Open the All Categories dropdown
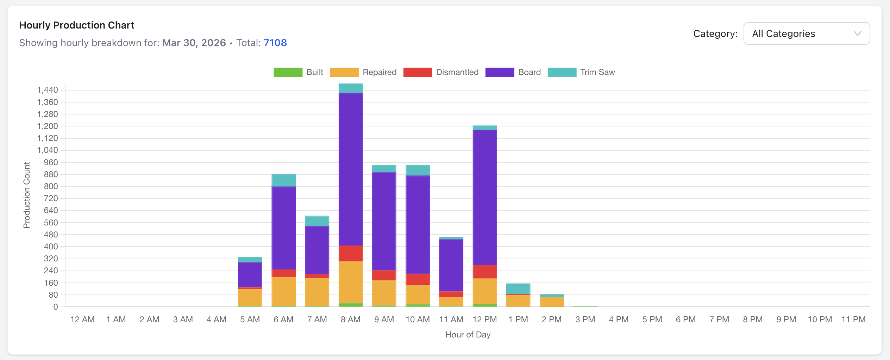pyautogui.click(x=806, y=33)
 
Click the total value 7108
pyautogui.click(x=275, y=43)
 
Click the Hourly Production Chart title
pyautogui.click(x=77, y=25)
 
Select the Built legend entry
pyautogui.click(x=298, y=72)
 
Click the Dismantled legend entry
pyautogui.click(x=441, y=72)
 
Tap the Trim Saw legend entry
pyautogui.click(x=581, y=72)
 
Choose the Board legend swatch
pyautogui.click(x=500, y=72)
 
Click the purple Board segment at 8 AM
pyautogui.click(x=351, y=169)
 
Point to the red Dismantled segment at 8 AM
pyautogui.click(x=351, y=254)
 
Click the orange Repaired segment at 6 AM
pyautogui.click(x=283, y=291)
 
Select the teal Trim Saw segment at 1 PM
pyautogui.click(x=518, y=288)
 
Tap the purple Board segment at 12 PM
pyautogui.click(x=485, y=197)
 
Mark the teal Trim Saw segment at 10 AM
pyautogui.click(x=418, y=170)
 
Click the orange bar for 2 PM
pyautogui.click(x=552, y=302)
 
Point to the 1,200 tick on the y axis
pyautogui.click(x=48, y=126)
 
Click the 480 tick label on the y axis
pyautogui.click(x=51, y=235)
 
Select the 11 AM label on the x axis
pyautogui.click(x=451, y=319)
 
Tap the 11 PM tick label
pyautogui.click(x=853, y=319)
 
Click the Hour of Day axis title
pyautogui.click(x=468, y=335)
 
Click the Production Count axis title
pyautogui.click(x=27, y=195)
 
